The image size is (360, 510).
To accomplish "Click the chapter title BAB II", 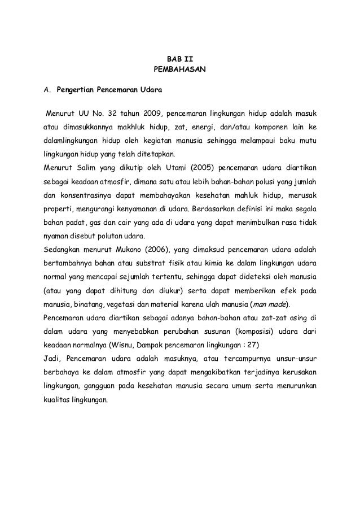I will [181, 60].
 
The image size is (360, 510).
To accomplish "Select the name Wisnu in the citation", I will [164, 345].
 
